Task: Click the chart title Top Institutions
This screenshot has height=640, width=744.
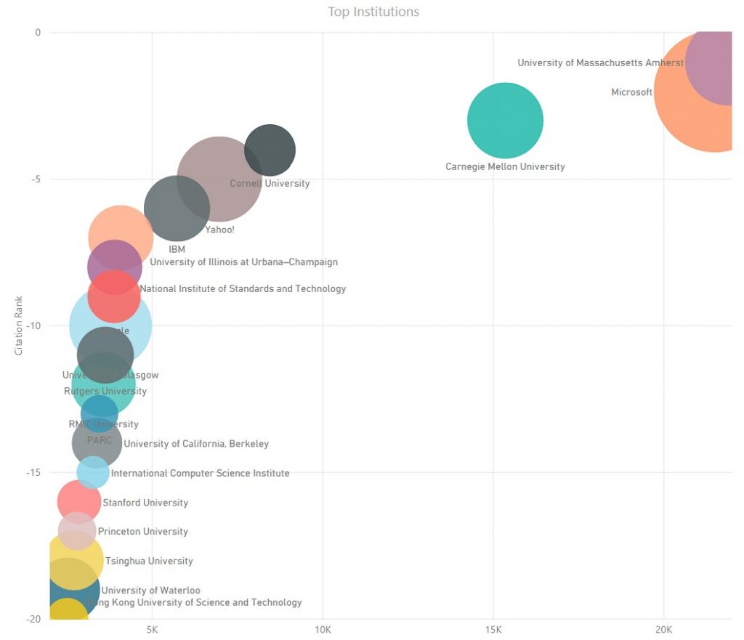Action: (x=373, y=12)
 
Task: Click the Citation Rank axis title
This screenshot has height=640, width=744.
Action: (x=20, y=325)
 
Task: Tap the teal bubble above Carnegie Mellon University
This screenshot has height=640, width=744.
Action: (x=505, y=121)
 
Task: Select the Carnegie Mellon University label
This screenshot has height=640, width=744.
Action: (x=505, y=167)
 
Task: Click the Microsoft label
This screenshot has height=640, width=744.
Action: (x=631, y=92)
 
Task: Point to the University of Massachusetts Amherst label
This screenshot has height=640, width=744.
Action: (x=600, y=63)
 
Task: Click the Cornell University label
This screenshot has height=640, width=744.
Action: (x=270, y=184)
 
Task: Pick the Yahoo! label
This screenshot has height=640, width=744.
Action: (x=219, y=230)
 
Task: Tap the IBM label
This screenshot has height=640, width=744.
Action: (x=177, y=249)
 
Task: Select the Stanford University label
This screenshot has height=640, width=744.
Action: (x=145, y=503)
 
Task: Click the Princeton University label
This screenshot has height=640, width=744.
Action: (x=143, y=532)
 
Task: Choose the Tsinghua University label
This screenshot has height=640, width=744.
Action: (x=149, y=562)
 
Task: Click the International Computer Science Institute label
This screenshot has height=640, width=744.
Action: (x=200, y=474)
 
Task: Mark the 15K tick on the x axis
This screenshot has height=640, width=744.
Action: (x=493, y=629)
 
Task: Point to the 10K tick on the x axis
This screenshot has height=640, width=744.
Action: (x=323, y=629)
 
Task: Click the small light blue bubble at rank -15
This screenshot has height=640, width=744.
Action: (x=93, y=473)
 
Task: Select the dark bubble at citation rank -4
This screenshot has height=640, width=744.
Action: (x=270, y=150)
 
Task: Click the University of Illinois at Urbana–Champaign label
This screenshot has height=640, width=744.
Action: (x=243, y=262)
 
